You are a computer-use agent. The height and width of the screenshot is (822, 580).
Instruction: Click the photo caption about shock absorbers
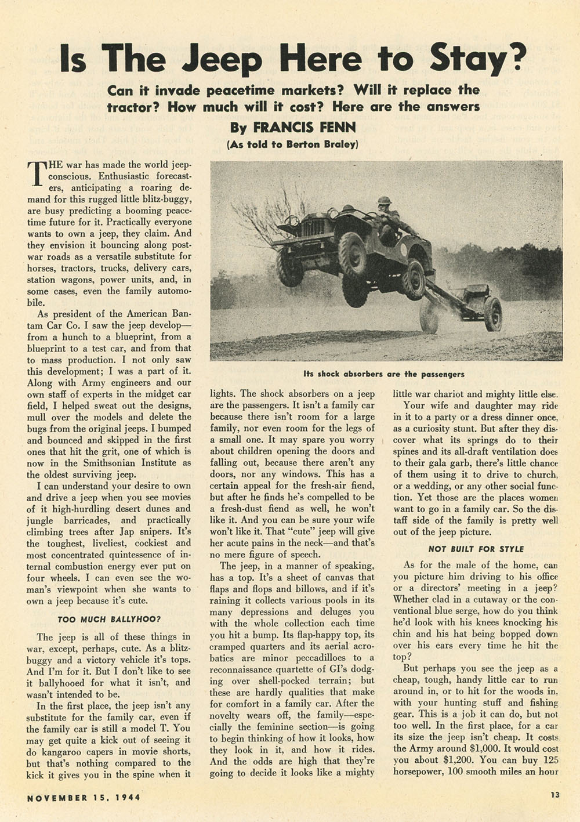[x=383, y=374]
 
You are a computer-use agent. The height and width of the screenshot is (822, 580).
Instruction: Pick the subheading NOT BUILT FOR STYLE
[x=476, y=549]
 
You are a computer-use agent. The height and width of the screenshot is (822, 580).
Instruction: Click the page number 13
[x=555, y=795]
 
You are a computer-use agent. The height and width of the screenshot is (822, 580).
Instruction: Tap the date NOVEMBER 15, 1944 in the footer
[x=84, y=796]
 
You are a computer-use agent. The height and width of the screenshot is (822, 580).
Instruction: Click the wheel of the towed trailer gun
[x=493, y=313]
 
